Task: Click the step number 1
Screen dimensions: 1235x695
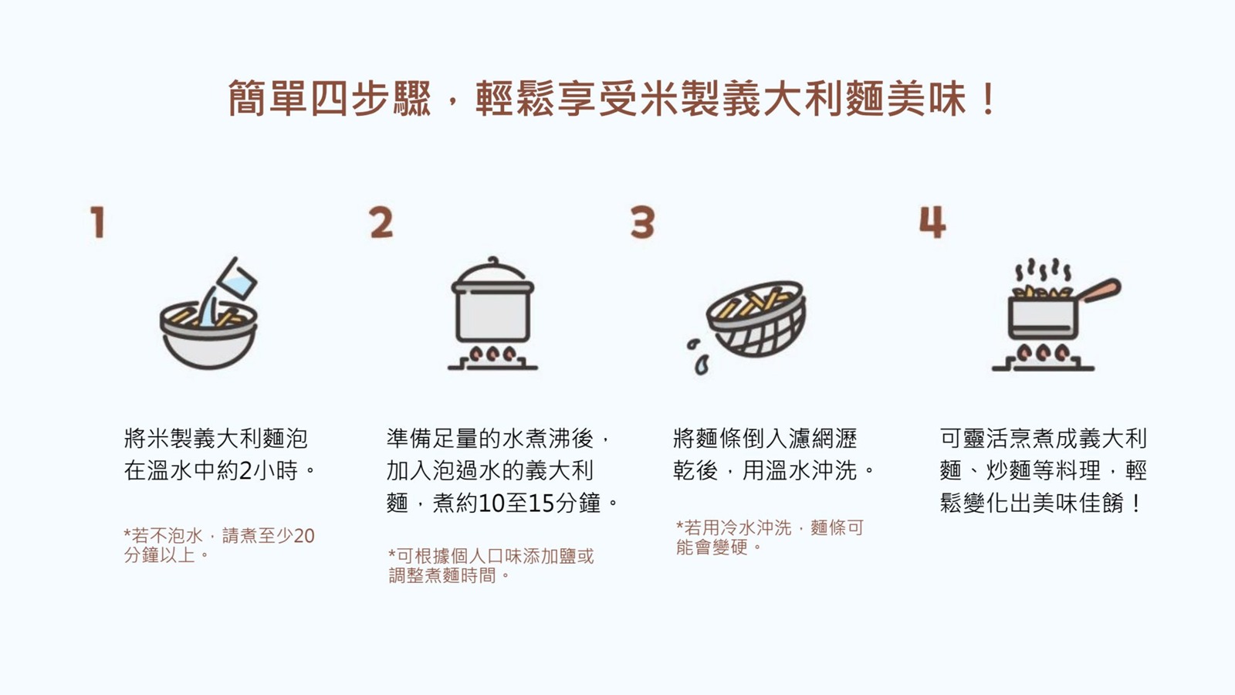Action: pos(98,222)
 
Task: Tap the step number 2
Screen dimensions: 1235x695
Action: pos(381,222)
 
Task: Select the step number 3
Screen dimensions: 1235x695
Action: pos(643,222)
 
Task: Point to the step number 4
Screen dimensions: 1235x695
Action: pos(932,222)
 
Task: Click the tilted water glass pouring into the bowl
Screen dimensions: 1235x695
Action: pos(238,279)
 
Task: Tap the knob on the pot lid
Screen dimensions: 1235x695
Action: pos(493,261)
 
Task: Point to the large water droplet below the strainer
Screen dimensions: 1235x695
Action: pos(702,364)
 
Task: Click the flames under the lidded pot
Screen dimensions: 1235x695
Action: pos(492,354)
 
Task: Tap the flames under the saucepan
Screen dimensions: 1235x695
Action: pos(1043,352)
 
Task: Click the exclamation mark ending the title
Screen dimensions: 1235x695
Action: pos(990,100)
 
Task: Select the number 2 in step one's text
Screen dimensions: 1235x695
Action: pos(246,470)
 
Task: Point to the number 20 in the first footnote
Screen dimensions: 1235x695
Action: pos(304,536)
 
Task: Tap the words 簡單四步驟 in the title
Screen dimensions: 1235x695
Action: pos(330,100)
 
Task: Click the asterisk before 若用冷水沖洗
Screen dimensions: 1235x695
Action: pos(680,524)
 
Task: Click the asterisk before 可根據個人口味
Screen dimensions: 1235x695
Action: pos(392,553)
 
